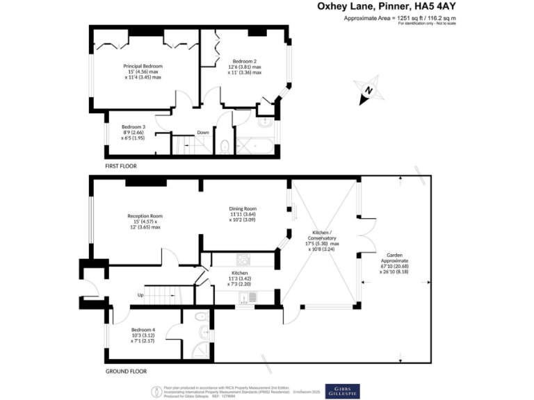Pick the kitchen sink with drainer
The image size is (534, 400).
point(248,298)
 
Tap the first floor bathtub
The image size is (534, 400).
point(257,147)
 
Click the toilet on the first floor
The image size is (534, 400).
point(225,146)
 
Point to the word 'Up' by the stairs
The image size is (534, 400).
point(140,295)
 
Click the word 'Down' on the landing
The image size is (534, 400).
point(203,133)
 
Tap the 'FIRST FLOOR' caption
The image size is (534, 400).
point(121,167)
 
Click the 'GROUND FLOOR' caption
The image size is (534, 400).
point(126,372)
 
